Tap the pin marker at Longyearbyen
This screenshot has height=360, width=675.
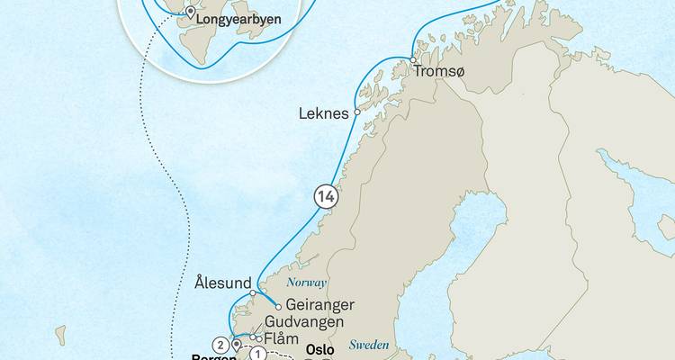(x=190, y=13)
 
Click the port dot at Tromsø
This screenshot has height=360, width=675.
(x=413, y=59)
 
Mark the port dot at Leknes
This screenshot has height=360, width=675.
(x=357, y=113)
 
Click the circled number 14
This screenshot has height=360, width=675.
(x=324, y=194)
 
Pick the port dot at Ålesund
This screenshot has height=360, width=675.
(x=253, y=293)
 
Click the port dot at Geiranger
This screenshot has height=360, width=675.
(x=279, y=306)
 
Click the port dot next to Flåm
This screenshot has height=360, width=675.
(x=258, y=338)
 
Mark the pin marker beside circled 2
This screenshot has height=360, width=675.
(x=235, y=344)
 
